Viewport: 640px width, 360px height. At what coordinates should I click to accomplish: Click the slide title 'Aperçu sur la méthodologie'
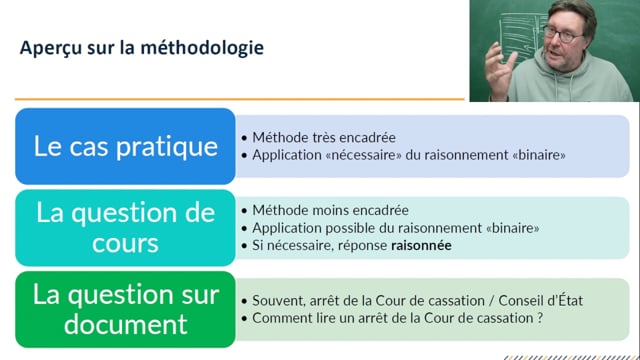[x=142, y=48]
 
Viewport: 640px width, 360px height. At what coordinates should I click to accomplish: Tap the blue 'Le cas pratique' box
[x=125, y=146]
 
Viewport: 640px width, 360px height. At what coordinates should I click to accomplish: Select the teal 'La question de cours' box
[x=125, y=227]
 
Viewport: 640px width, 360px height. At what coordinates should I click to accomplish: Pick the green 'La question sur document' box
[x=125, y=309]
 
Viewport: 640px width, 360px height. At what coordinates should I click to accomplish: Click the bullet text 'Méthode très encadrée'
[x=310, y=137]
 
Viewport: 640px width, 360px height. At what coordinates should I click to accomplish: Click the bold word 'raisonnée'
[x=421, y=245]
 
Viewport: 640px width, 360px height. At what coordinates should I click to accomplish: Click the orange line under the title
[x=240, y=99]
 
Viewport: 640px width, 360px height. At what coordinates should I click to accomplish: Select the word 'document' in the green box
[x=125, y=324]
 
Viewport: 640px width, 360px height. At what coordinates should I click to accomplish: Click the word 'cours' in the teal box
[x=125, y=243]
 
